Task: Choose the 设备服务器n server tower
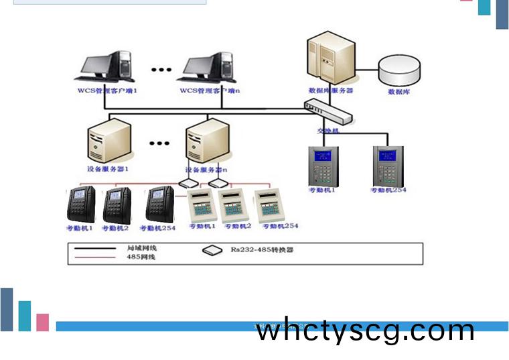point(206,142)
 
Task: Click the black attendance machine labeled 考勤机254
point(161,204)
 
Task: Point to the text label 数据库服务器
point(330,91)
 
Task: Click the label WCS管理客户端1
point(106,91)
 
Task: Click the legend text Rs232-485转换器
point(263,249)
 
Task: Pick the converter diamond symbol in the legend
point(212,250)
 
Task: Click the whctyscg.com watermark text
point(366,331)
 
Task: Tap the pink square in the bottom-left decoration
point(43,322)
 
